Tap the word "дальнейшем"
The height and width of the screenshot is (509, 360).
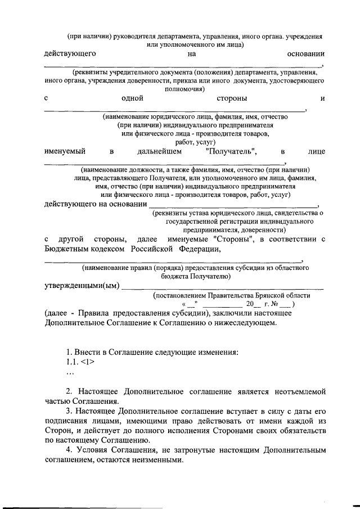(x=160, y=151)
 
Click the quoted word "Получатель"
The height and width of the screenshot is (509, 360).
(x=232, y=151)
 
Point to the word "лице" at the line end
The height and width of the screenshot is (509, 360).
(x=317, y=151)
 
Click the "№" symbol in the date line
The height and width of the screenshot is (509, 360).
(x=274, y=304)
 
